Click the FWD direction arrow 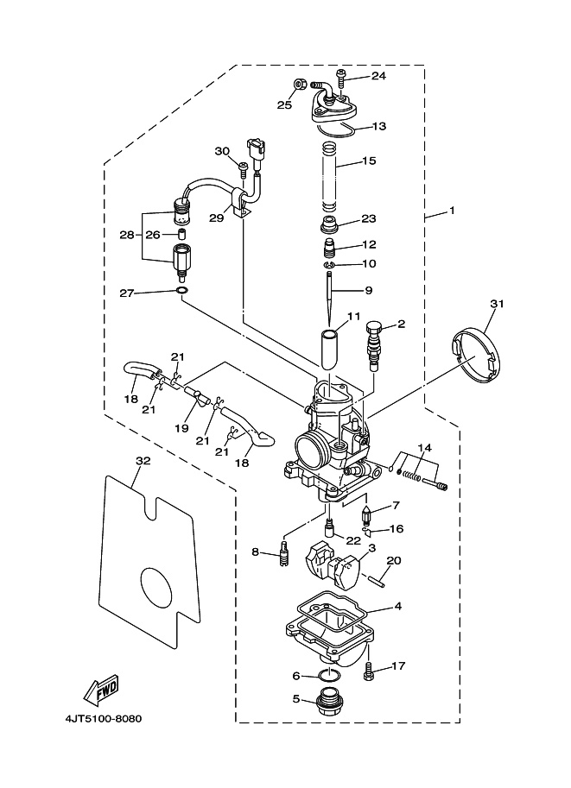click(101, 688)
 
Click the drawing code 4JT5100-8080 click(104, 719)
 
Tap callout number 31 click(497, 304)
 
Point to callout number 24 click(378, 76)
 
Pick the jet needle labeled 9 click(328, 298)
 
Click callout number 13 click(379, 126)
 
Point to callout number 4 click(397, 606)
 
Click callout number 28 click(127, 235)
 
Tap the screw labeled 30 click(243, 170)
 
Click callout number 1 click(451, 211)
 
